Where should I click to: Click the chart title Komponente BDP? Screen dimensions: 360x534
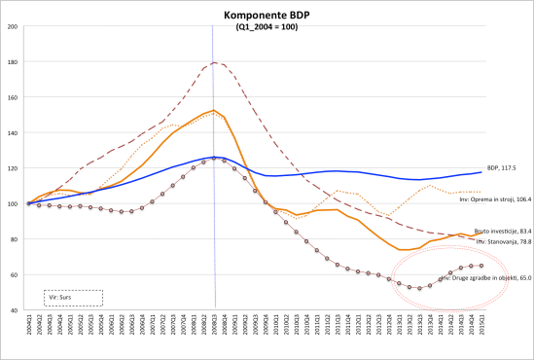pyautogui.click(x=267, y=16)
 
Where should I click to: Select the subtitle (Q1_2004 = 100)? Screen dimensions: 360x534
pyautogui.click(x=267, y=27)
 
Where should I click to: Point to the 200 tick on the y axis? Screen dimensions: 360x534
pyautogui.click(x=14, y=26)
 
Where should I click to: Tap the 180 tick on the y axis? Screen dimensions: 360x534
pyautogui.click(x=14, y=62)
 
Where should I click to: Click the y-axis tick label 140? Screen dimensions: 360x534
pyautogui.click(x=14, y=133)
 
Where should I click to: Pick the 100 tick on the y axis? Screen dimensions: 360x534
pyautogui.click(x=14, y=204)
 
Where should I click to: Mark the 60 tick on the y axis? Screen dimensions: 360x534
pyautogui.click(x=14, y=275)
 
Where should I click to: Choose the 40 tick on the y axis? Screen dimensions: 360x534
pyautogui.click(x=14, y=310)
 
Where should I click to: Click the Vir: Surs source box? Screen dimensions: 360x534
pyautogui.click(x=73, y=298)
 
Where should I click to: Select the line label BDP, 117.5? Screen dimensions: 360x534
pyautogui.click(x=502, y=167)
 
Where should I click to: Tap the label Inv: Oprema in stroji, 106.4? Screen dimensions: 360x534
pyautogui.click(x=494, y=198)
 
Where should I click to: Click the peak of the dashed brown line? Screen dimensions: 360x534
pyautogui.click(x=214, y=63)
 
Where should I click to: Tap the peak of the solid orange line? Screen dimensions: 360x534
pyautogui.click(x=214, y=110)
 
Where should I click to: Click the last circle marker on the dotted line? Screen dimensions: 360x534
pyautogui.click(x=482, y=266)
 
